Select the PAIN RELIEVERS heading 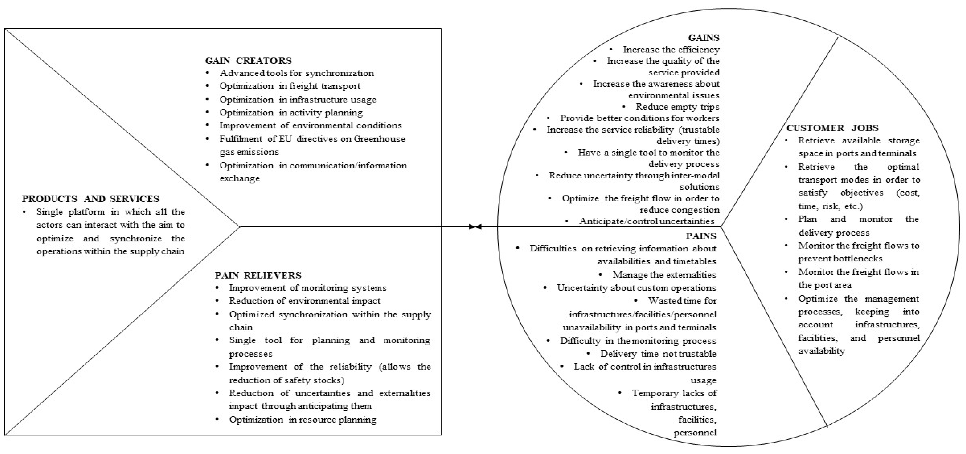pos(258,275)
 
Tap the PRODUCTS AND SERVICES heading pos(90,199)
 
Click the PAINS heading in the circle pos(701,236)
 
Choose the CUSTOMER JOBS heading pos(832,128)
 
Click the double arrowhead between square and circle pos(475,227)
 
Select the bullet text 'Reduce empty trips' pos(677,107)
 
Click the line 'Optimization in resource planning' pos(303,419)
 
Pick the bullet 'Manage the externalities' pos(664,275)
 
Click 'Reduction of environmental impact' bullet pos(304,301)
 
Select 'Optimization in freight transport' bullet pos(290,86)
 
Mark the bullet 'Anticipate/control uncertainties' pos(646,221)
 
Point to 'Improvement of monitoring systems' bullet pos(308,288)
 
